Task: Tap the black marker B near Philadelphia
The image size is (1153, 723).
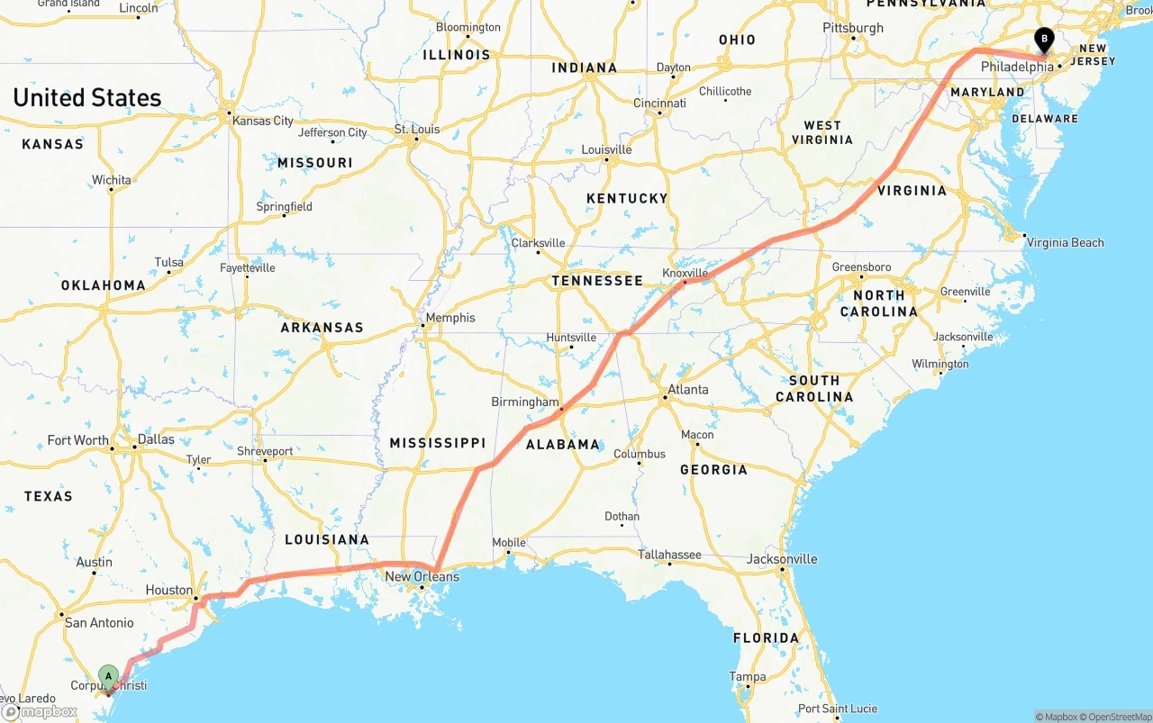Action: tap(1044, 40)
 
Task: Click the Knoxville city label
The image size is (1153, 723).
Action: tap(685, 273)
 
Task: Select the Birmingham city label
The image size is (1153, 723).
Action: tap(525, 402)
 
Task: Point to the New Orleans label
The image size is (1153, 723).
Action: tap(422, 576)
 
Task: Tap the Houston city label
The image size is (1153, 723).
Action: tap(169, 590)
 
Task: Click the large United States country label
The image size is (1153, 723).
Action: tap(87, 98)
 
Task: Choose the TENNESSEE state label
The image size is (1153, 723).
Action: tap(597, 281)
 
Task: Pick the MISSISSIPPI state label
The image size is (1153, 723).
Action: tap(437, 443)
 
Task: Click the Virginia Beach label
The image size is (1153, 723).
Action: tap(1065, 242)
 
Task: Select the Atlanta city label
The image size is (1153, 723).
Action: tap(687, 390)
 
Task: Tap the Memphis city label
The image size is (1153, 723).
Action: tap(450, 318)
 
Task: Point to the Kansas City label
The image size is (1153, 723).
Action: tap(263, 121)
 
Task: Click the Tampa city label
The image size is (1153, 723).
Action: tap(748, 677)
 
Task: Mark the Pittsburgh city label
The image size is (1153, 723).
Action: tap(853, 28)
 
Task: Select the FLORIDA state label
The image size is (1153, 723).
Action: tap(766, 638)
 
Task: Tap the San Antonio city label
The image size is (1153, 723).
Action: tap(99, 622)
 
